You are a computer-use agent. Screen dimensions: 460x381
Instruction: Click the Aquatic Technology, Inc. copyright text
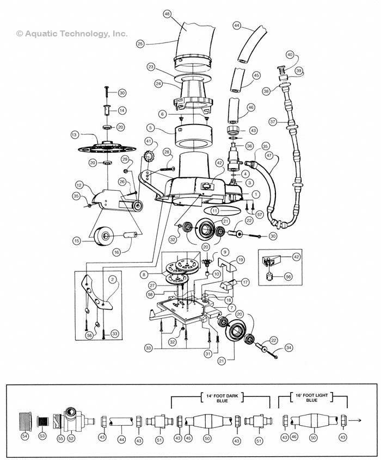pos(72,34)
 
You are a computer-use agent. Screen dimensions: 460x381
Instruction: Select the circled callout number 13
pos(75,134)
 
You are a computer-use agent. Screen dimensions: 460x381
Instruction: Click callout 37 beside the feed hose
pos(273,122)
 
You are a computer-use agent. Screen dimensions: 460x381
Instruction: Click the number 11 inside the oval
pos(215,210)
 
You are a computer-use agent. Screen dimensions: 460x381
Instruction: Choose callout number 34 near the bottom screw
pos(288,347)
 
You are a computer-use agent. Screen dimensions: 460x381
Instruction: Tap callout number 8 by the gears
pos(144,275)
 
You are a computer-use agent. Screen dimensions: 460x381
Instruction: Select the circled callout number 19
pos(241,260)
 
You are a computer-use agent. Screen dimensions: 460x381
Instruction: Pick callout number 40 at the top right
pos(290,55)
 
